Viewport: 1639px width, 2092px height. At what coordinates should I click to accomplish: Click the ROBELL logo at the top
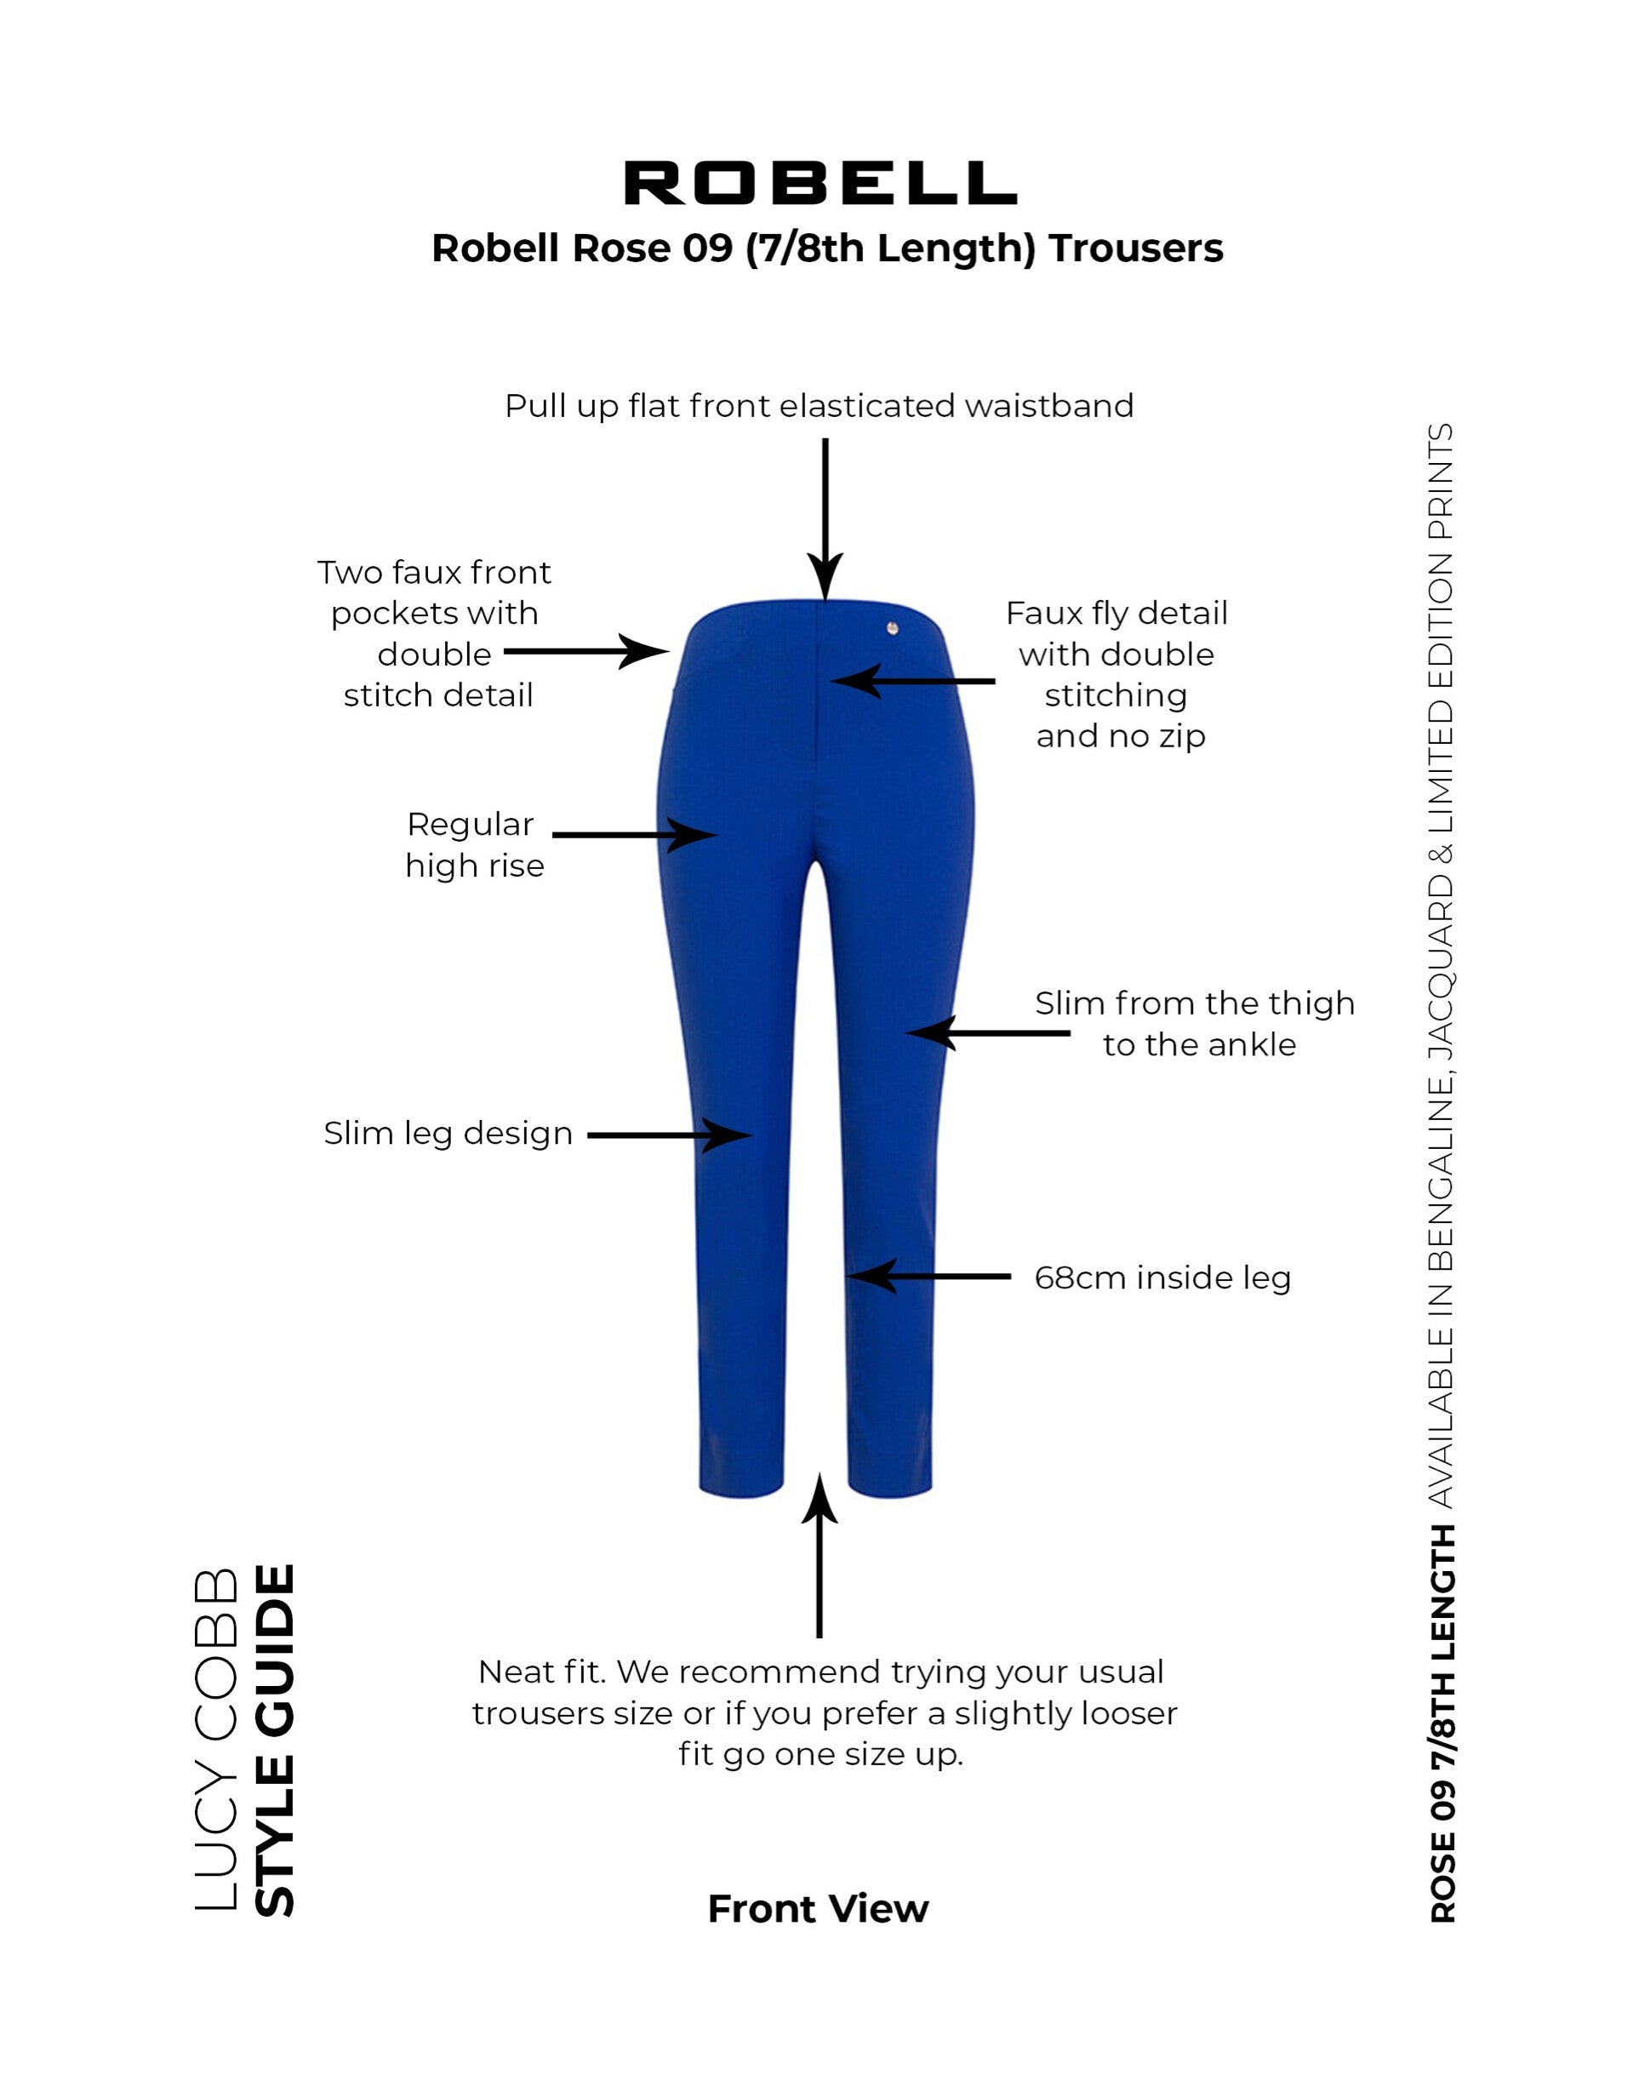point(819,182)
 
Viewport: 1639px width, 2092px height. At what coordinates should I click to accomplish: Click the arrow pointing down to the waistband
point(825,519)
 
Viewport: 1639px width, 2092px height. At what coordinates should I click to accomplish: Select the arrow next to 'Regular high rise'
point(634,835)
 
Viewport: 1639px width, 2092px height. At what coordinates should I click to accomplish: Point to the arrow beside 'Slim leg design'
point(669,1135)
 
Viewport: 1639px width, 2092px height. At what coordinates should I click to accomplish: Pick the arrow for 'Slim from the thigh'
point(987,1033)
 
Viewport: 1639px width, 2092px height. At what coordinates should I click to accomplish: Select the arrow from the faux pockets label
point(586,652)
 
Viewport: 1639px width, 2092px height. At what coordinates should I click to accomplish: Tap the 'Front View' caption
point(819,1909)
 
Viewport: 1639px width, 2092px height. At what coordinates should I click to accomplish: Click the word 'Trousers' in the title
point(1136,249)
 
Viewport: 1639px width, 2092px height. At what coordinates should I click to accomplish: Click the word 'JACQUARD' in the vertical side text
point(1442,966)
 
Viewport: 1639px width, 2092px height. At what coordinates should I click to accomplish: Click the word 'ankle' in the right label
point(1253,1045)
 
